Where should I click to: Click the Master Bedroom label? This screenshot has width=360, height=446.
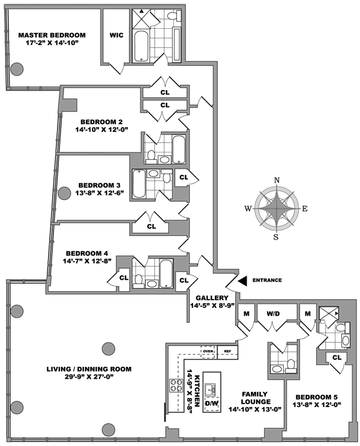coord(52,35)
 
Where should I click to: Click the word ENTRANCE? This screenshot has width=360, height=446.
coord(268,280)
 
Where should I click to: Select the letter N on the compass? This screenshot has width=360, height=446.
coord(277,180)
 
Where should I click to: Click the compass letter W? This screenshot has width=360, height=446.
coord(247,209)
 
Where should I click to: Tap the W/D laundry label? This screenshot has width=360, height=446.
coord(274,313)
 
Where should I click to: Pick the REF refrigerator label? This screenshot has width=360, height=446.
coord(227,351)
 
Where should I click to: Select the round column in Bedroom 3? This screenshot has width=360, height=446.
coord(64,193)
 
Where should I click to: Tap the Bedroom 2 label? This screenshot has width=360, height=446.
coord(101,121)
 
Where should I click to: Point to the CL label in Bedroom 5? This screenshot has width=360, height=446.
coord(336,358)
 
